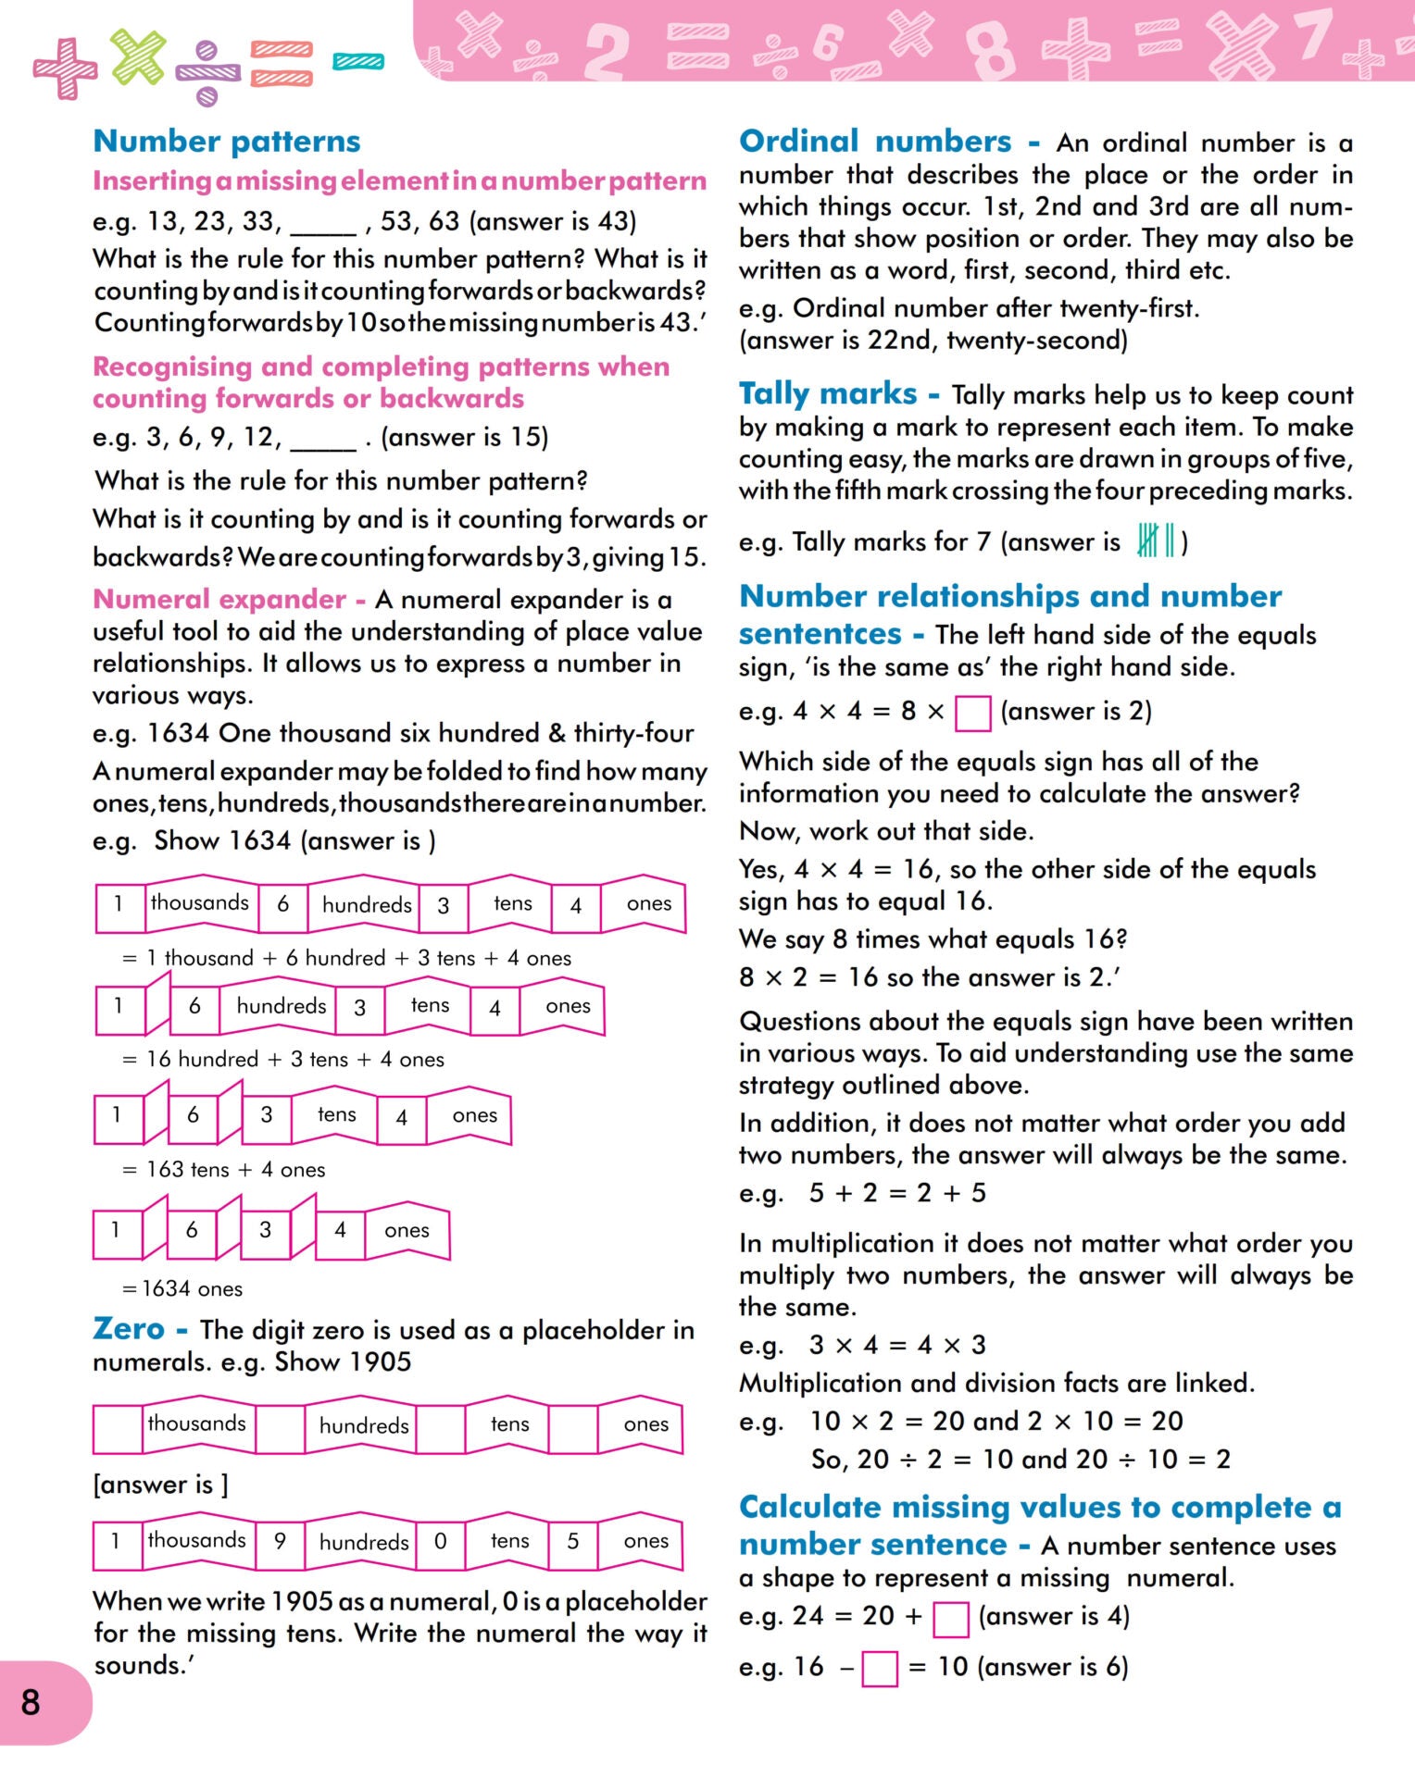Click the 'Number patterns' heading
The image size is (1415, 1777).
[x=227, y=141]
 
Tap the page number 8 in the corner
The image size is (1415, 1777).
[x=31, y=1701]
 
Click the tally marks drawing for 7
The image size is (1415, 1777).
[x=1157, y=540]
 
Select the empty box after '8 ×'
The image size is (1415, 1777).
[x=972, y=713]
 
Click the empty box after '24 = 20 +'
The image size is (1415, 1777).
[x=950, y=1619]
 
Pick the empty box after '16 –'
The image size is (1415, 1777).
[x=879, y=1669]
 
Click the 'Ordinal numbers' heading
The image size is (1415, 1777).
[x=874, y=141]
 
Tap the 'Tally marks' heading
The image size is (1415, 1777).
[x=828, y=393]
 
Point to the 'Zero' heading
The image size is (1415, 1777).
[x=129, y=1329]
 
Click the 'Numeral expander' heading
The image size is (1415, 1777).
[x=219, y=599]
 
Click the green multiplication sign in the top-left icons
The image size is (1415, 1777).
[x=138, y=56]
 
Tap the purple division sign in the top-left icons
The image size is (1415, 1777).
[x=207, y=72]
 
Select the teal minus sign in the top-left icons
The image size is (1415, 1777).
[x=358, y=62]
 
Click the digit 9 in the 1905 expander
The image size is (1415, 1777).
[x=280, y=1541]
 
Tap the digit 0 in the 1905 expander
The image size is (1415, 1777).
[x=441, y=1541]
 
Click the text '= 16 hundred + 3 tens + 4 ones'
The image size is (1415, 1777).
[x=283, y=1059]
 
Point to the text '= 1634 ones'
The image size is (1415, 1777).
[x=182, y=1288]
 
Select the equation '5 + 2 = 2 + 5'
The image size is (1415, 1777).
[x=896, y=1193]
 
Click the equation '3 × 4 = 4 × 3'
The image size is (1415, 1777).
[x=896, y=1345]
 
